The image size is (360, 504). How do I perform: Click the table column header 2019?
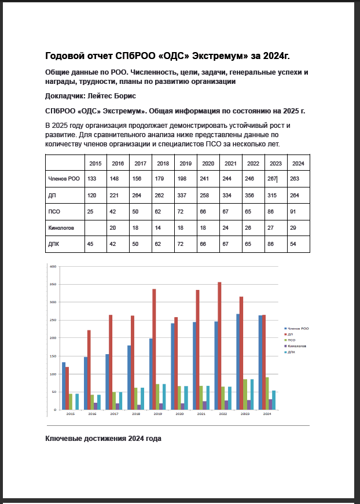[185, 163]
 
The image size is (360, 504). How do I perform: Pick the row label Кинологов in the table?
[61, 228]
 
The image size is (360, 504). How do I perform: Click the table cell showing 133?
[92, 179]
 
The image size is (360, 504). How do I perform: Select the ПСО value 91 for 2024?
[295, 212]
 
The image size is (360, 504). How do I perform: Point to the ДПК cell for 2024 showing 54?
[295, 244]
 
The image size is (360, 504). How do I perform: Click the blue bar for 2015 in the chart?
[64, 386]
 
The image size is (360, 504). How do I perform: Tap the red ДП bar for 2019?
[154, 349]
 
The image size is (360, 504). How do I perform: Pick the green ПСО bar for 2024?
[267, 393]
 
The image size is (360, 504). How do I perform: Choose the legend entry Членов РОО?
[296, 328]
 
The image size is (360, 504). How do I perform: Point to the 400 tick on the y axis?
[53, 267]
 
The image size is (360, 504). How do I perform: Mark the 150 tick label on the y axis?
[53, 356]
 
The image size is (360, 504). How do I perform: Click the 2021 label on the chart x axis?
[200, 414]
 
